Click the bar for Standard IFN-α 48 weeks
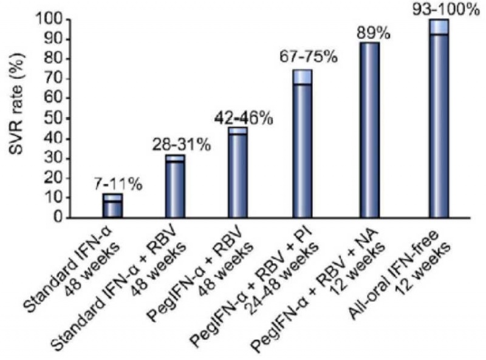coord(112,206)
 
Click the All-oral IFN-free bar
coord(438,121)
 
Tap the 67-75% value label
coord(307,59)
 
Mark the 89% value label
coord(373,32)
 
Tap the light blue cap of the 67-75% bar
coord(302,76)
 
